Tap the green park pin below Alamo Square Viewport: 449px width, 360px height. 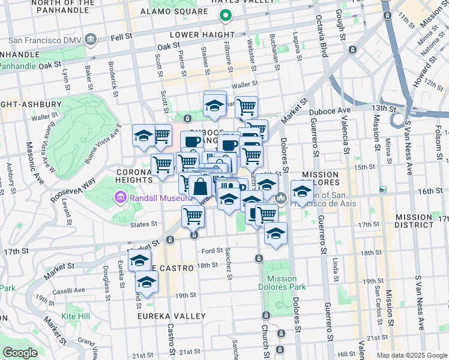(226, 17)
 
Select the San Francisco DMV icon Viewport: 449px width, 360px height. (91, 40)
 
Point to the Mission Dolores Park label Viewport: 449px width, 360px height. (282, 283)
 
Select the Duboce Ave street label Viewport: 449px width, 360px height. (330, 111)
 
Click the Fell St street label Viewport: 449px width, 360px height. (121, 37)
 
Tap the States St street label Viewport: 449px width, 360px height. (144, 224)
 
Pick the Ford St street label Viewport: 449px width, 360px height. (212, 251)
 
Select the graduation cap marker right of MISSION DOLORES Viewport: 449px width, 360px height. (302, 191)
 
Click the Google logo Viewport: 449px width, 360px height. (20, 353)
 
